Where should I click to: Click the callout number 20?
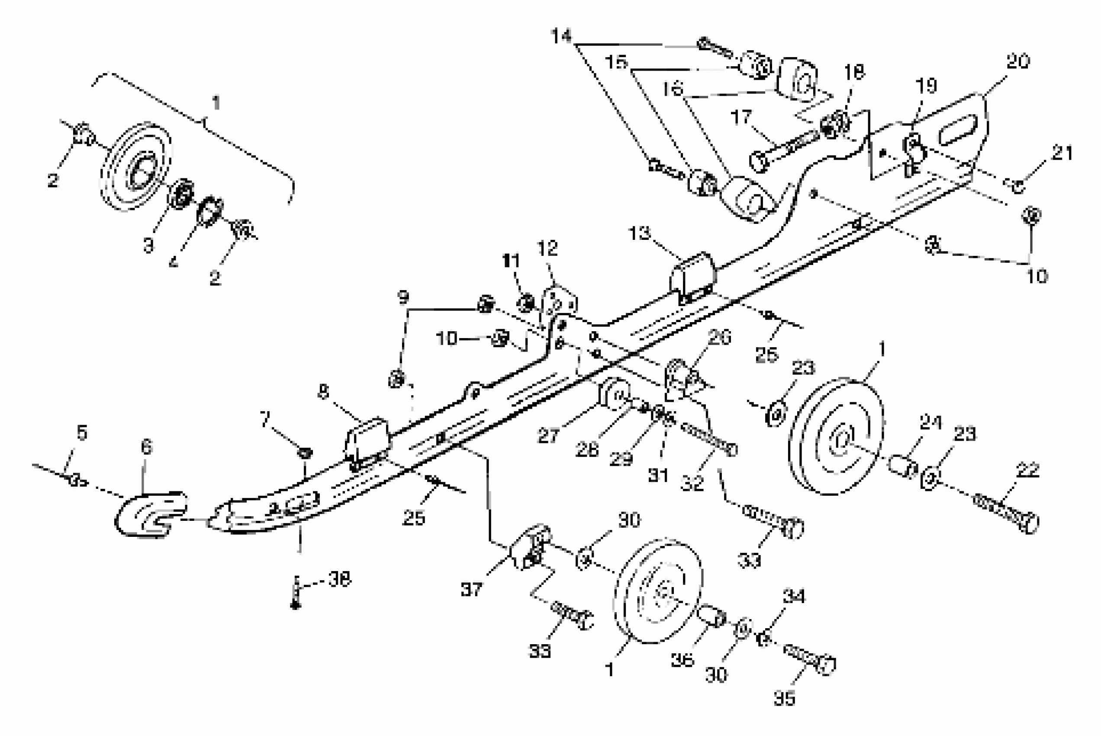coord(1017,62)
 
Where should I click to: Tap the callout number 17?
coord(741,117)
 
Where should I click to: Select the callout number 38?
coord(339,580)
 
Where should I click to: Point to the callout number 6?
coord(146,447)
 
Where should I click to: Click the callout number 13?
coord(640,233)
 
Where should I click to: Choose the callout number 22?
coord(1027,470)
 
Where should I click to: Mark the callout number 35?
coord(784,698)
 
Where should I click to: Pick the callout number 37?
coord(471,589)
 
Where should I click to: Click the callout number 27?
coord(548,436)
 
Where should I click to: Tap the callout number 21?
coord(1062,153)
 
